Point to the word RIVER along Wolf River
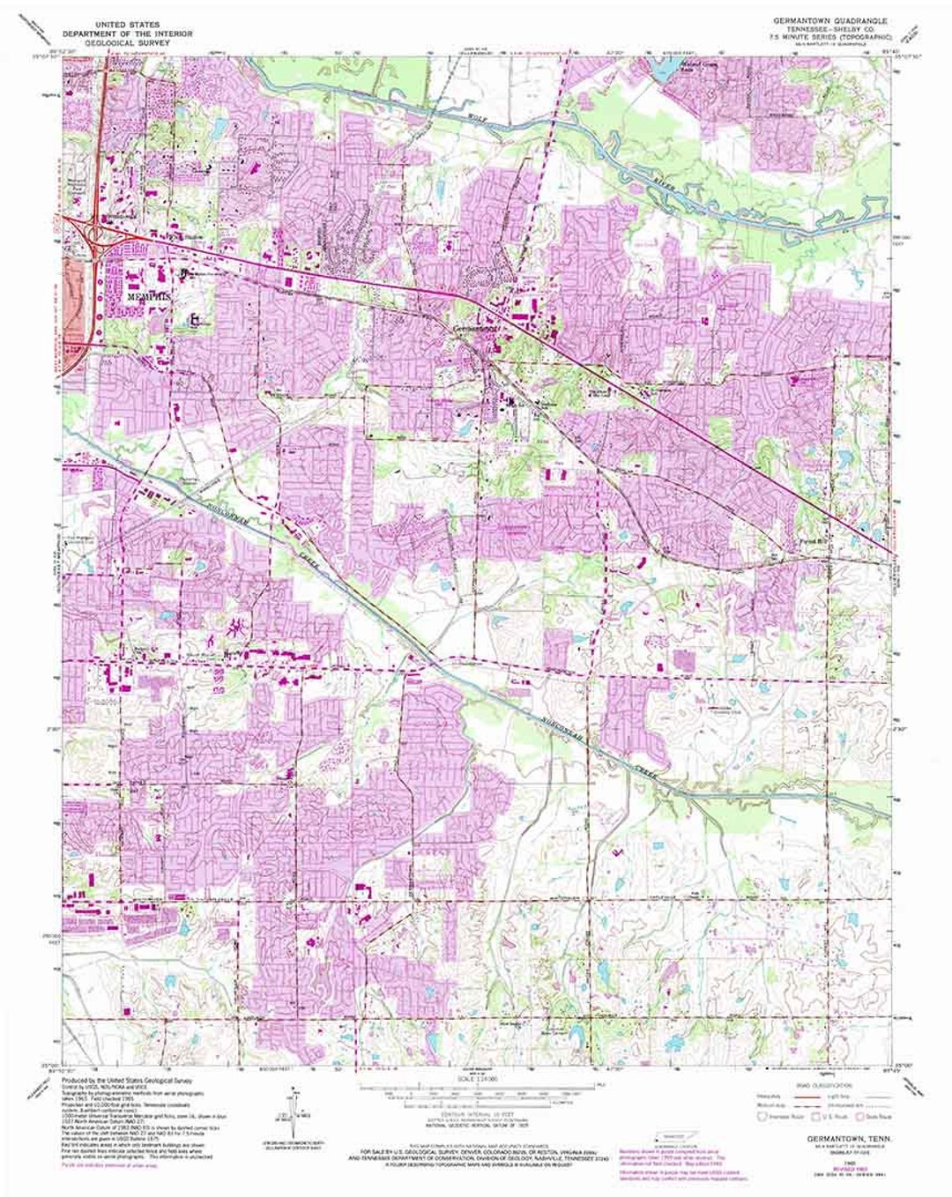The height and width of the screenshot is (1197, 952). pos(673,182)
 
